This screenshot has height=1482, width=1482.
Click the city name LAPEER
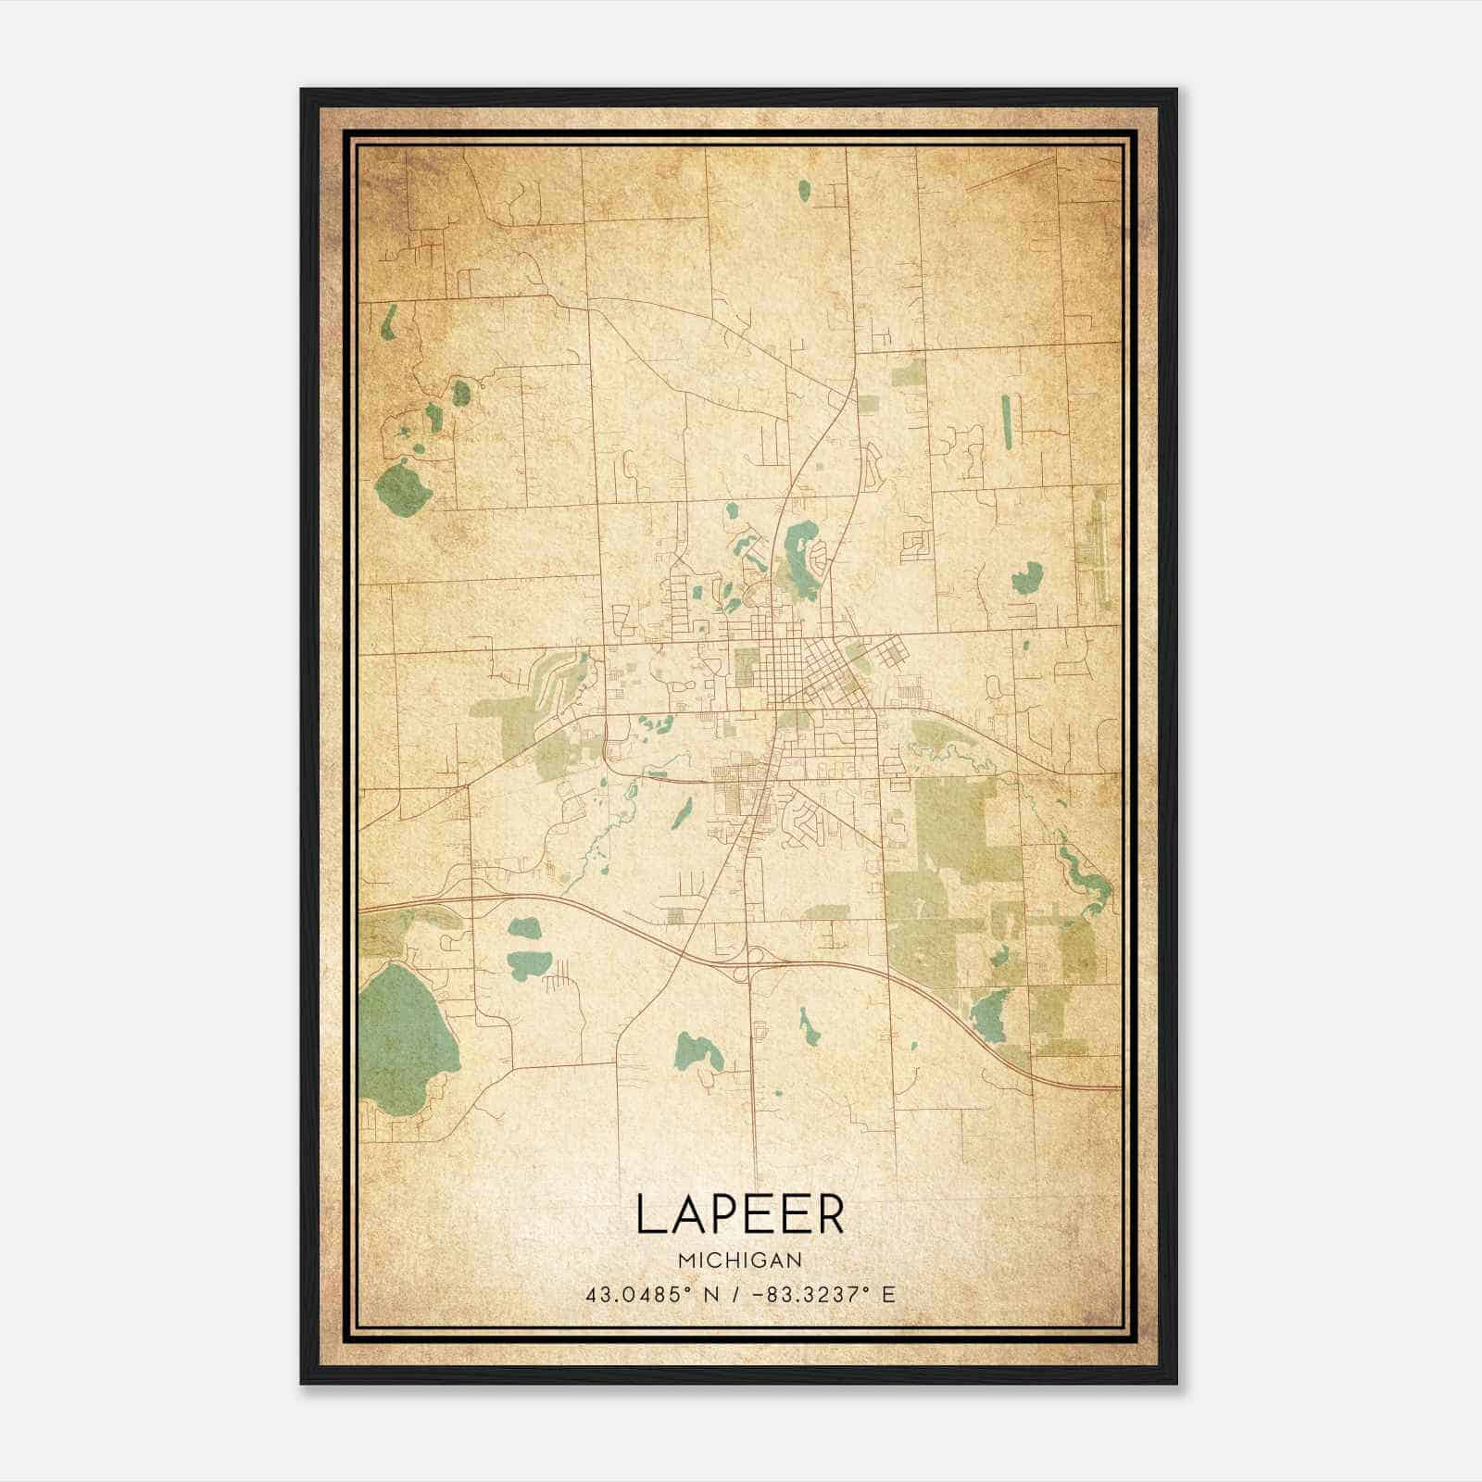point(739,1215)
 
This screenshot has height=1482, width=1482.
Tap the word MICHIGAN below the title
point(739,1261)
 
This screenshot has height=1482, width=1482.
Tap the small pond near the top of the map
point(804,192)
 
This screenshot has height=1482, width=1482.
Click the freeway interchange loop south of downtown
point(752,956)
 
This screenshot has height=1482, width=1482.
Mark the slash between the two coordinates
point(734,1295)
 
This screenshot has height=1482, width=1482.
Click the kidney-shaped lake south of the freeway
point(694,1050)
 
